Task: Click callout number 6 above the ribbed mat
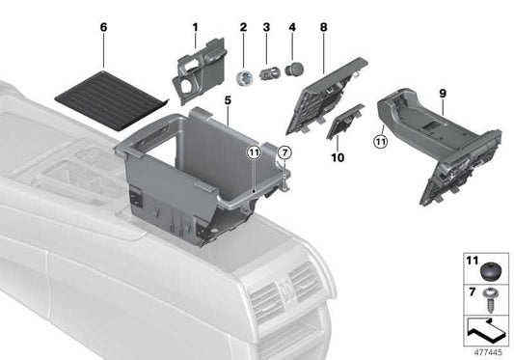[x=103, y=28]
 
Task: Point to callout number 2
[x=244, y=27]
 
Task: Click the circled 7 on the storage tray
[x=284, y=152]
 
